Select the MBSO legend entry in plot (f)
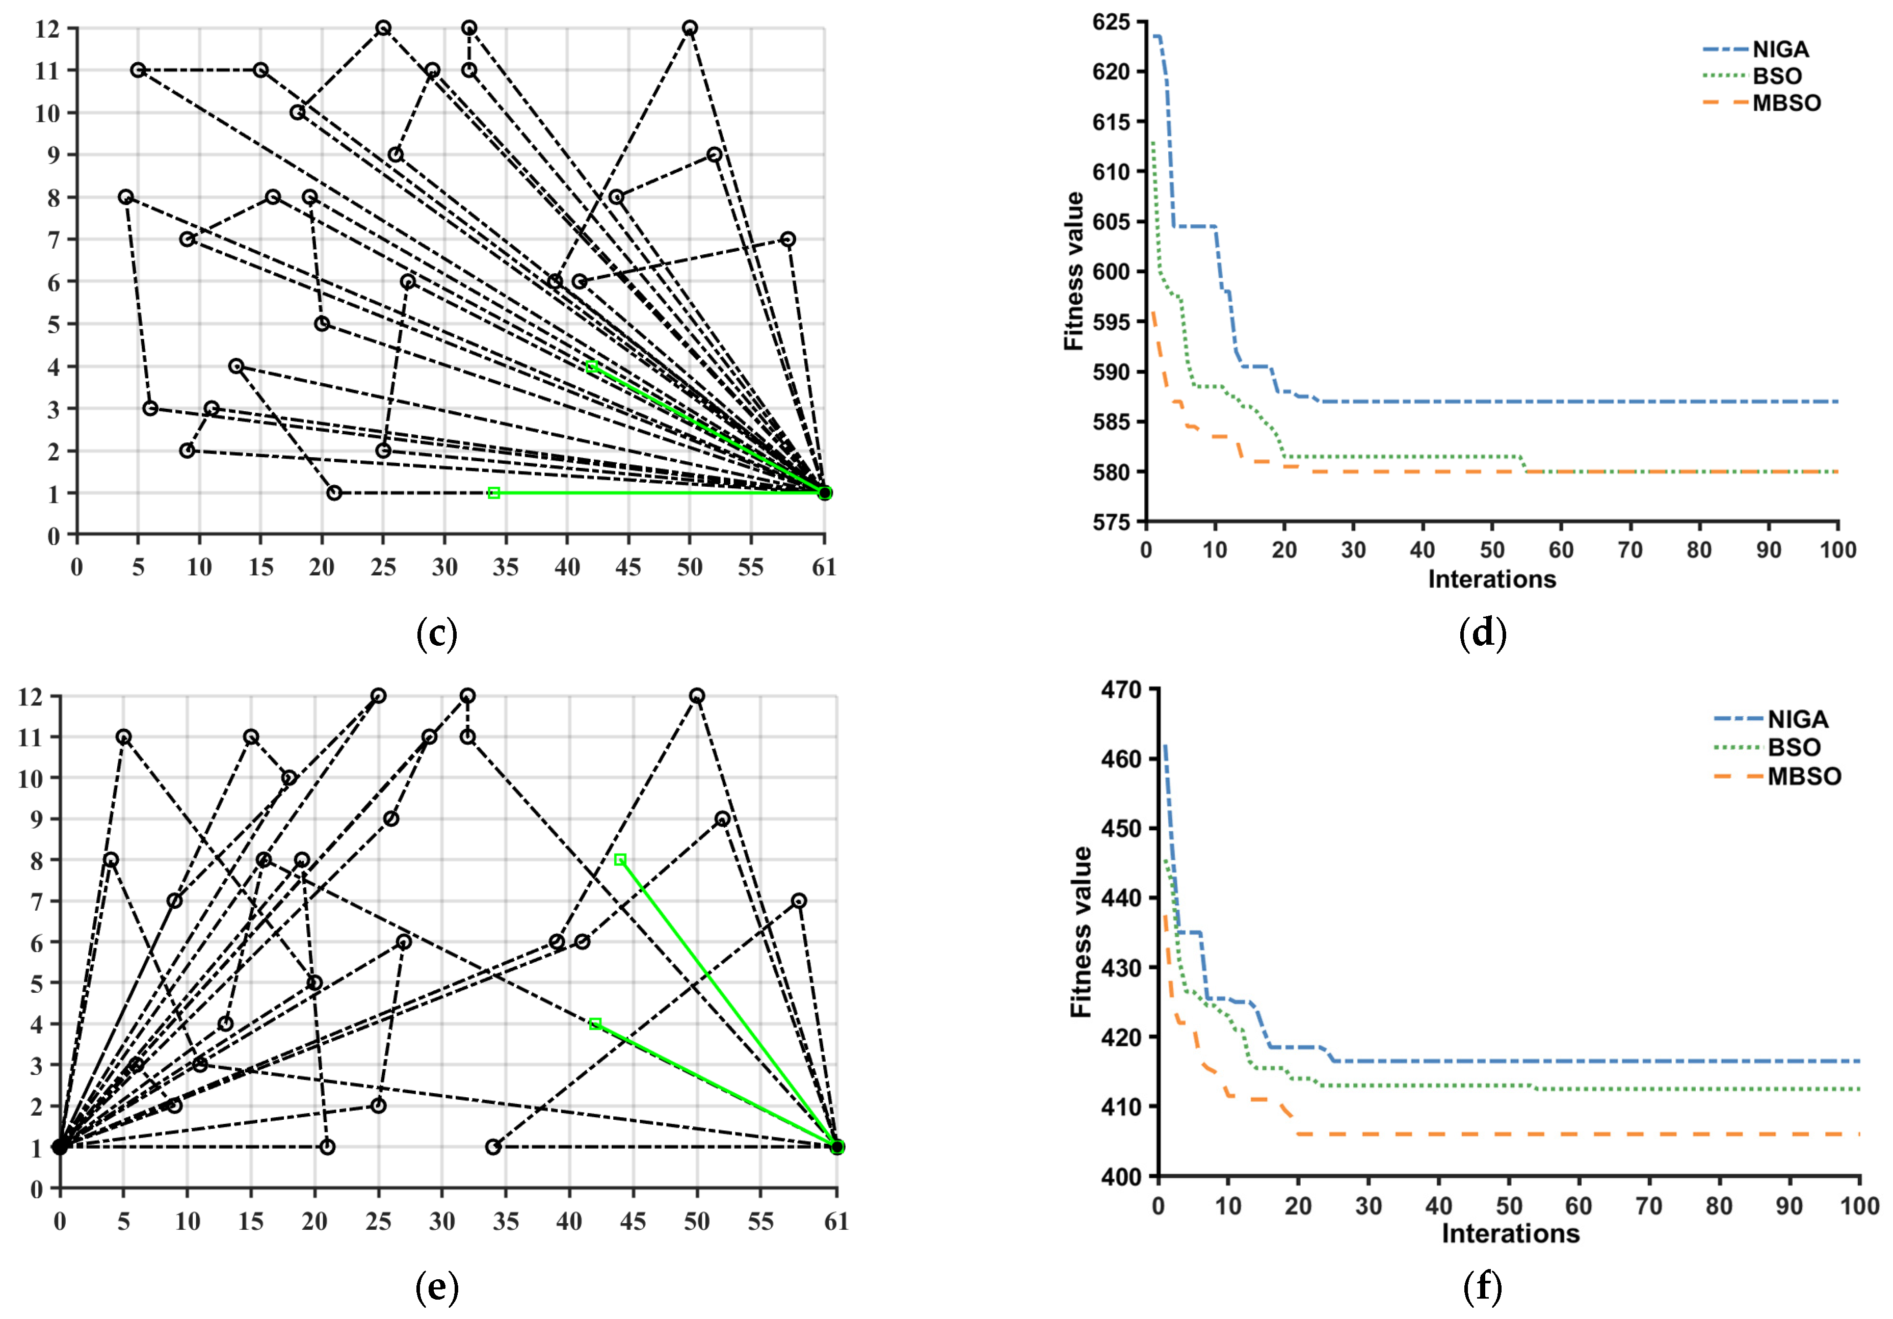coord(1803,777)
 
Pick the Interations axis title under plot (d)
coord(1491,579)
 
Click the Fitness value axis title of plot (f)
coord(1081,932)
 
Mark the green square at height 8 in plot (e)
coord(620,860)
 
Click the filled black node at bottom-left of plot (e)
coord(59,1147)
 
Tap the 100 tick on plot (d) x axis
coord(1838,550)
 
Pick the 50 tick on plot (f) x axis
coord(1509,1206)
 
